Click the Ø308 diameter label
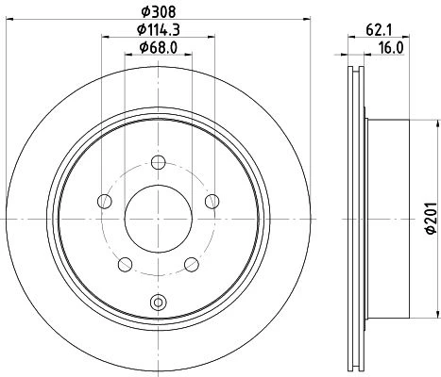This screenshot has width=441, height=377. point(159,12)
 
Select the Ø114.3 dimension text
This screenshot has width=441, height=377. point(159,30)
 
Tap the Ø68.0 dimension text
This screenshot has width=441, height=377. point(159,47)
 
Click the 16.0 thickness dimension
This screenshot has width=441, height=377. point(391,48)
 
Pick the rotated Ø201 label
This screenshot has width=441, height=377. point(432,218)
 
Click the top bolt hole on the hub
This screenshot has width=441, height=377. point(159,162)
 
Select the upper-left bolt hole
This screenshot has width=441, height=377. point(105,201)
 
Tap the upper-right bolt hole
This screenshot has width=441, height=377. point(212,201)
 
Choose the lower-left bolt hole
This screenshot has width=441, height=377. point(125,265)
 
